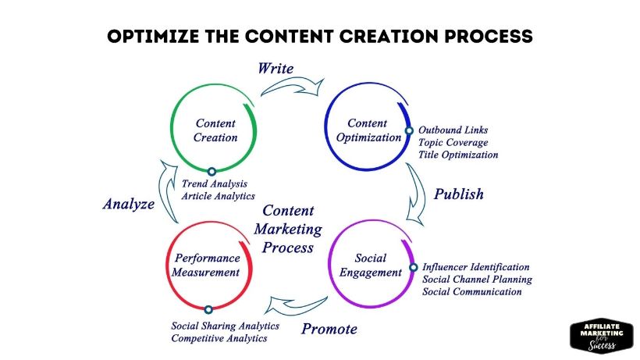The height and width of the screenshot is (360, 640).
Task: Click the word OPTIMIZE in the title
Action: pos(153,37)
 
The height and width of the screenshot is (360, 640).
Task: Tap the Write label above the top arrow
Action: pos(276,68)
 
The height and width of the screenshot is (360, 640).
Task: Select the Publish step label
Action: pos(458,194)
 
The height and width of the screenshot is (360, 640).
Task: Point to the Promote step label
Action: pos(329,329)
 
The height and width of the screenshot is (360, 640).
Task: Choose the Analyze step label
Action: pos(129,204)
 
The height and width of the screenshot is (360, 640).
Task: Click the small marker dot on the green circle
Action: pos(212,172)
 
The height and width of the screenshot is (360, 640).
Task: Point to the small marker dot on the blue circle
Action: pos(409,130)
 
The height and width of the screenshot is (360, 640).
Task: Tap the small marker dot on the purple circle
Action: pos(414,267)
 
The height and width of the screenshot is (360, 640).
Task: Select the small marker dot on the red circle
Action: pos(208,309)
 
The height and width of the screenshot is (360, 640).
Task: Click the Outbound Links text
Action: pos(453,130)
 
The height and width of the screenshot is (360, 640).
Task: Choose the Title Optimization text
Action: pos(458,155)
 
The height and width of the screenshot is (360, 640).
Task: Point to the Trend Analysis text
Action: pos(215,184)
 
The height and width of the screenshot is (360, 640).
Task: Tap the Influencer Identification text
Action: pos(476,267)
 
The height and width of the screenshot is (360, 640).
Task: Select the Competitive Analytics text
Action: pos(219,338)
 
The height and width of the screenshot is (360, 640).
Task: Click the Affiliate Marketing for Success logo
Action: pos(602,337)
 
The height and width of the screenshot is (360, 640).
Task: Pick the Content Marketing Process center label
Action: pos(288,229)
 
